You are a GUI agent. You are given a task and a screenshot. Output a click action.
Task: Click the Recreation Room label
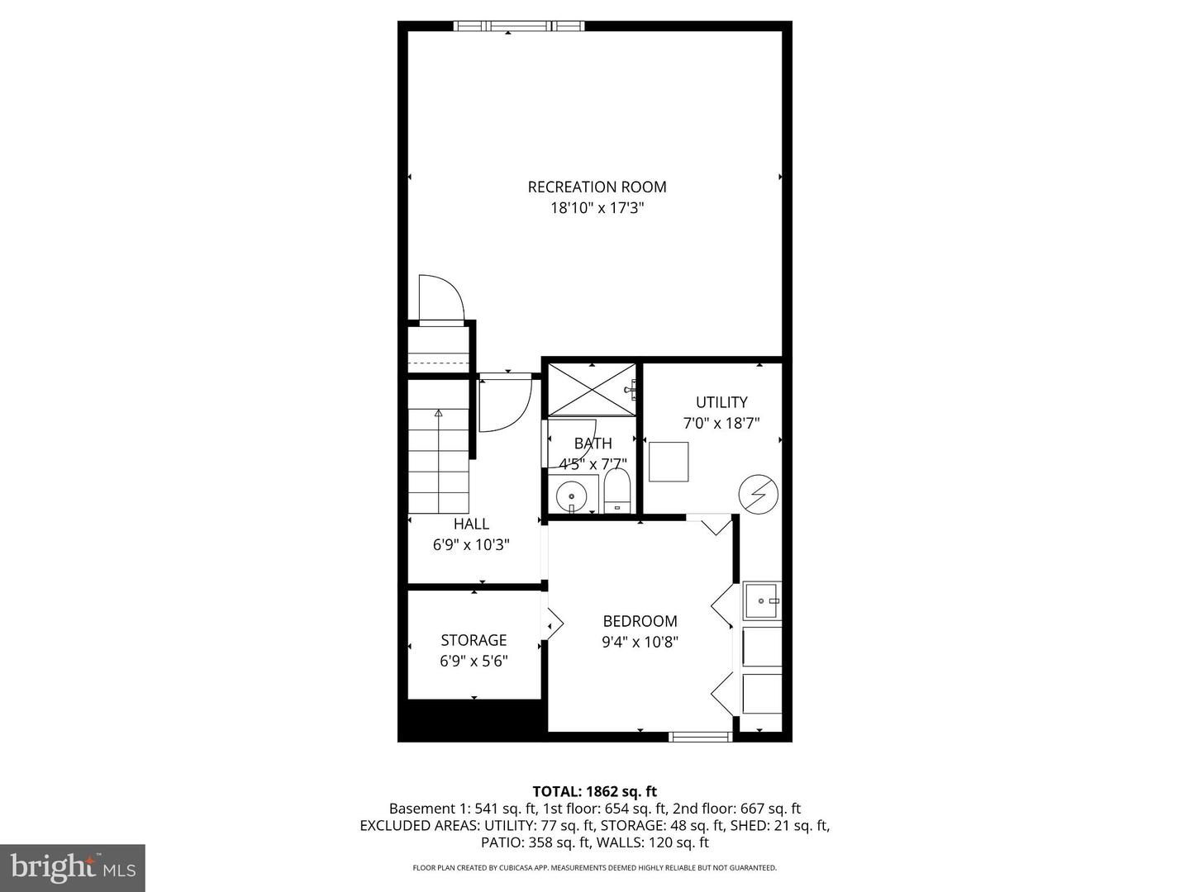[597, 187]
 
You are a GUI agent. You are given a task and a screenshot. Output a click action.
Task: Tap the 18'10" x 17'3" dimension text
[597, 209]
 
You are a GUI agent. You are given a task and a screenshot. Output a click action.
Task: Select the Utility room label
[721, 402]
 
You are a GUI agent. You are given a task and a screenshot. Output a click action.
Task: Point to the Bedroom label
[640, 621]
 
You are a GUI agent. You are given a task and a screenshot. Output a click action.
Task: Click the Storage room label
[474, 640]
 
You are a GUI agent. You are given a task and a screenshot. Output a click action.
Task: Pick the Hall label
[471, 524]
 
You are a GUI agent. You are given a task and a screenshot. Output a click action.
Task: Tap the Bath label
[593, 444]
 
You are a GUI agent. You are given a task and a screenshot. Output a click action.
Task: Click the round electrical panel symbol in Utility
[758, 494]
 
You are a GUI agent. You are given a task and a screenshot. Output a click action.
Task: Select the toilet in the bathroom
[616, 492]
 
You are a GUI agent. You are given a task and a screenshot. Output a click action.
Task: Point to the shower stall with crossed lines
[592, 389]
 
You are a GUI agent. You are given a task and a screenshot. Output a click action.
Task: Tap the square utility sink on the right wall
[761, 600]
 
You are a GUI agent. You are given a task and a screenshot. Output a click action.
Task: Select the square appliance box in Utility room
[669, 462]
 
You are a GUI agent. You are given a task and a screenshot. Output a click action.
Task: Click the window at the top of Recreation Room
[519, 26]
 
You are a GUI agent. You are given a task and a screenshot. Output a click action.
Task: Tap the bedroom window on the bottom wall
[700, 736]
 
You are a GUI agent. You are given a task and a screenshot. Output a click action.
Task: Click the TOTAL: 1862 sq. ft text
[594, 791]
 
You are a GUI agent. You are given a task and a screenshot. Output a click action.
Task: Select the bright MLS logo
[73, 867]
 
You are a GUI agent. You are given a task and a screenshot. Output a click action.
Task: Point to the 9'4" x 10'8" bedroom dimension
[640, 643]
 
